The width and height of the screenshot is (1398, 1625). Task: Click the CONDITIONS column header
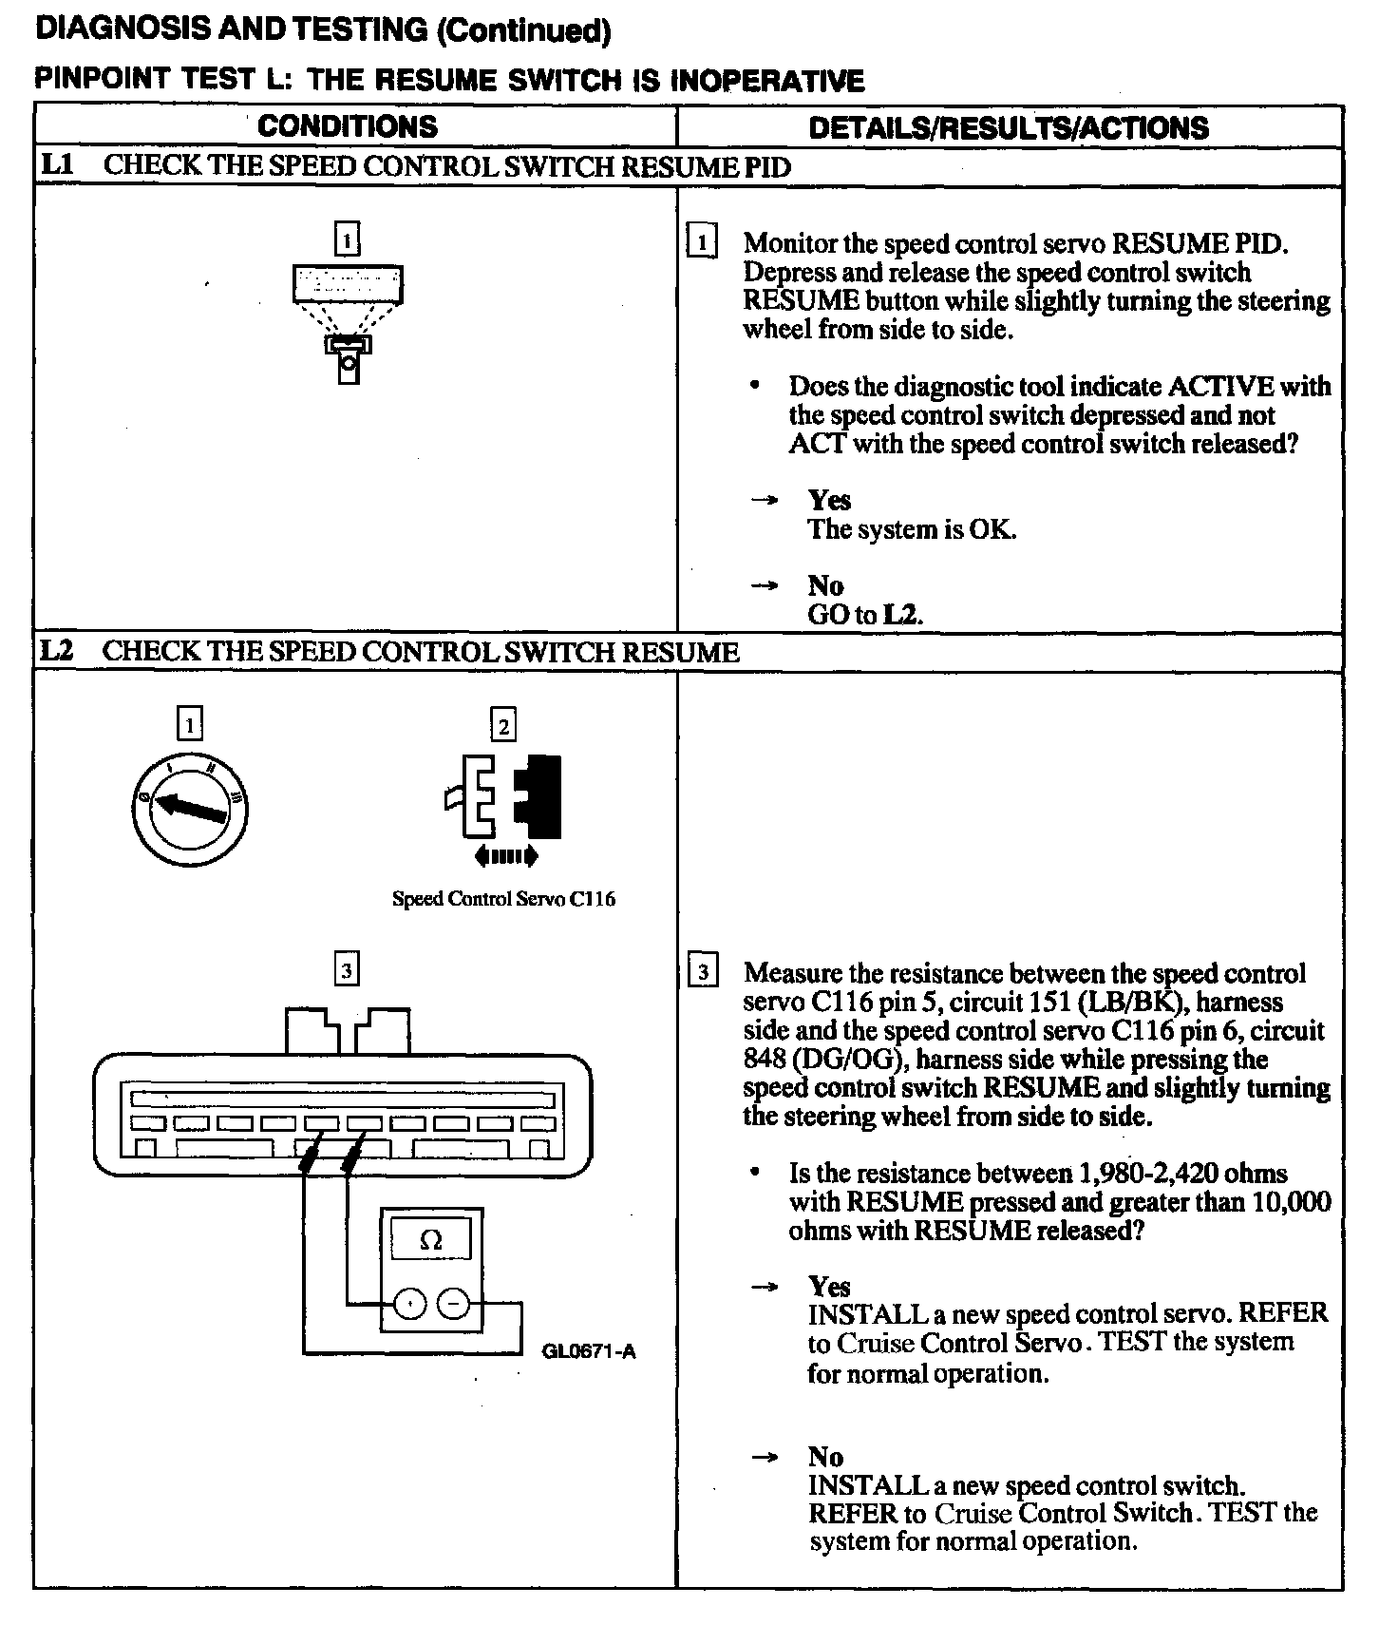348,126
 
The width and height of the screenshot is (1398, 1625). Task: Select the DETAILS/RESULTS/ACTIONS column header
1009,128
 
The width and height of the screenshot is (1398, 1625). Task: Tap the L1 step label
57,165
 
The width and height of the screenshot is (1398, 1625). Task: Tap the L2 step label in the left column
57,651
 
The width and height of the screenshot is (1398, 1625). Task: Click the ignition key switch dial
189,809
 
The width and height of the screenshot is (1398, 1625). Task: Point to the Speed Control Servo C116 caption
503,899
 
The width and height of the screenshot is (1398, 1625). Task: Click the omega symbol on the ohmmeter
431,1240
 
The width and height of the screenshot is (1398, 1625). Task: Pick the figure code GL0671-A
589,1350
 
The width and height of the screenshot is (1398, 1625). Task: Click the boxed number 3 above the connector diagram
348,970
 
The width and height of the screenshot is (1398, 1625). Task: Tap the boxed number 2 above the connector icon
503,727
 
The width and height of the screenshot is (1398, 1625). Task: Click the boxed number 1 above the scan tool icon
348,239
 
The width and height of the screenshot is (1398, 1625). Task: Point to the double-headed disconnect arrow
505,856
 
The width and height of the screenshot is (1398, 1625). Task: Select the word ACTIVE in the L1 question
1220,387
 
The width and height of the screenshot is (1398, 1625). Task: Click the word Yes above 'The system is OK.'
829,500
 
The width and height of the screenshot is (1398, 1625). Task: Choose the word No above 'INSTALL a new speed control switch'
825,1457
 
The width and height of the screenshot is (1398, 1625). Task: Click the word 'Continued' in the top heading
522,30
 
